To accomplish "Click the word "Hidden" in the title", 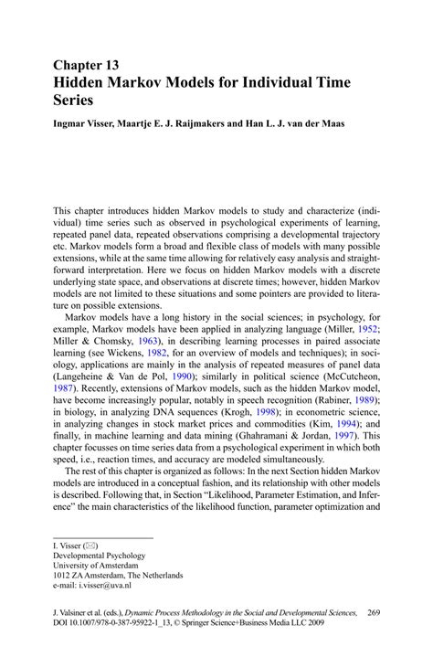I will pyautogui.click(x=84, y=83).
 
